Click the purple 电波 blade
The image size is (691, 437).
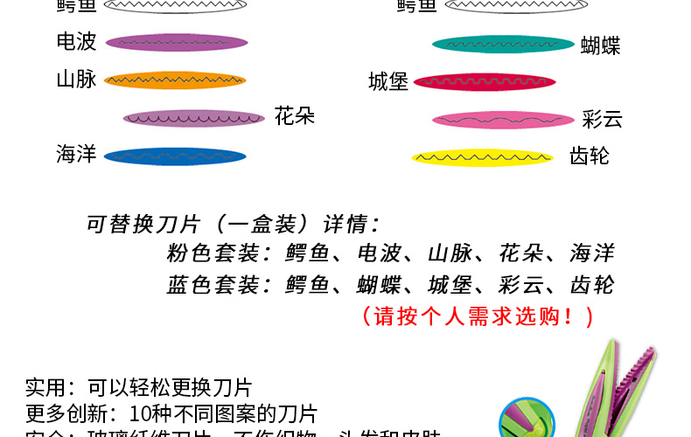pyautogui.click(x=176, y=42)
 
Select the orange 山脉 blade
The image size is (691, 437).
pyautogui.click(x=175, y=81)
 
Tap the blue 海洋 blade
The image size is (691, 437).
pyautogui.click(x=175, y=156)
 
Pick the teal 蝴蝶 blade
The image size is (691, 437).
pyautogui.click(x=503, y=44)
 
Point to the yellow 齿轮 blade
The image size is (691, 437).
pyautogui.click(x=482, y=157)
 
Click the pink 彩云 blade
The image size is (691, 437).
pyautogui.click(x=502, y=120)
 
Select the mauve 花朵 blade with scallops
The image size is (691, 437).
pyautogui.click(x=194, y=118)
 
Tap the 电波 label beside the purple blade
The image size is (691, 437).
pyautogui.click(x=76, y=41)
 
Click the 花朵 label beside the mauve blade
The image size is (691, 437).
pyautogui.click(x=294, y=115)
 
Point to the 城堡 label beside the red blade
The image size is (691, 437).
pyautogui.click(x=388, y=82)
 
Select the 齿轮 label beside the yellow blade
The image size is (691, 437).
pyautogui.click(x=589, y=156)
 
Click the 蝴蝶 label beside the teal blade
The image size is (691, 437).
pyautogui.click(x=600, y=45)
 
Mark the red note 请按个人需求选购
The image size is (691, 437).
pyautogui.click(x=478, y=316)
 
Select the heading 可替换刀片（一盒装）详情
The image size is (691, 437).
pyautogui.click(x=233, y=224)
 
